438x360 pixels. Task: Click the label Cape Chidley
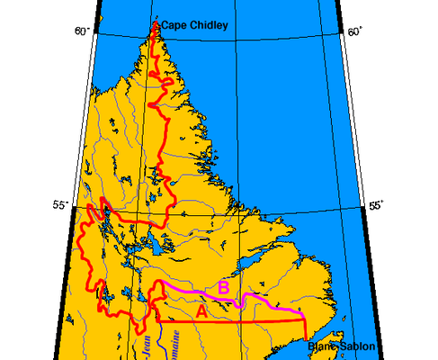pyautogui.click(x=193, y=26)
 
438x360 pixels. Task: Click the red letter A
pyautogui.click(x=201, y=310)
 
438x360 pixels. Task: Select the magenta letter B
pyautogui.click(x=224, y=287)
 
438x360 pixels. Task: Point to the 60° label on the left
pyautogui.click(x=82, y=31)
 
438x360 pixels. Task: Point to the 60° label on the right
pyautogui.click(x=354, y=31)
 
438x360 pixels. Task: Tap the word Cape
pyautogui.click(x=174, y=26)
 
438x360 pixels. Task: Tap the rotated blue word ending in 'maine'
pyautogui.click(x=169, y=345)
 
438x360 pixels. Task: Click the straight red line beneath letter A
pyautogui.click(x=234, y=321)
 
